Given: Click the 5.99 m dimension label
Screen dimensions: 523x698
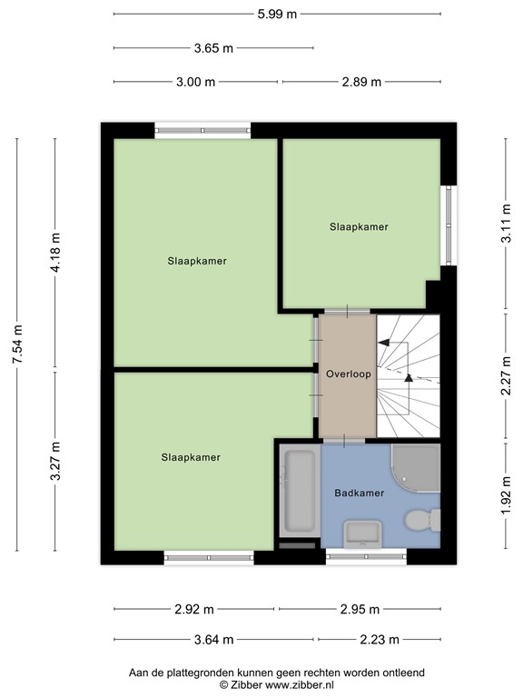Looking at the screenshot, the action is (x=277, y=14).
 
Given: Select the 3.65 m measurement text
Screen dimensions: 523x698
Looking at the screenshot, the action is (x=213, y=47).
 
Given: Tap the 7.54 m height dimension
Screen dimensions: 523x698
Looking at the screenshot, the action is (x=17, y=344).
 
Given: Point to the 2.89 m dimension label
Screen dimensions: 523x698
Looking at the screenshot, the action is (x=361, y=82).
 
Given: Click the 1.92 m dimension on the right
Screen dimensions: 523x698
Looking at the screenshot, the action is (x=506, y=495).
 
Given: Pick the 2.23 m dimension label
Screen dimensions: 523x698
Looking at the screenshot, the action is (x=380, y=640).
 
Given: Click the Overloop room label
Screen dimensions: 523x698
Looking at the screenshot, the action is (x=349, y=374).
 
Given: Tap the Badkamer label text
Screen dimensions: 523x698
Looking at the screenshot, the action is (x=360, y=493).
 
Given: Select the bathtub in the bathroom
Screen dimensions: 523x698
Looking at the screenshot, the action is (x=300, y=492).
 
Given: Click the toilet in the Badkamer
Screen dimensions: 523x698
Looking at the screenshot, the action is (x=422, y=520).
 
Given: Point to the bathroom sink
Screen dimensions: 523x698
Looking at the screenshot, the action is (x=363, y=533).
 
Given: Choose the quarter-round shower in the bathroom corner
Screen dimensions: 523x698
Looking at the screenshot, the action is (x=416, y=467).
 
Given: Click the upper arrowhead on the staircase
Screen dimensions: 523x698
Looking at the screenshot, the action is (x=383, y=343).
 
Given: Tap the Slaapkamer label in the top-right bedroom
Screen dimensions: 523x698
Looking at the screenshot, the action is (x=359, y=226).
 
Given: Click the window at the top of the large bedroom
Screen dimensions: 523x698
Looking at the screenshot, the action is (x=202, y=131).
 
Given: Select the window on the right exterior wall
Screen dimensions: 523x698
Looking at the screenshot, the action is (x=449, y=225).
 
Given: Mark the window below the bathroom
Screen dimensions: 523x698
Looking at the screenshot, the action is (x=366, y=556).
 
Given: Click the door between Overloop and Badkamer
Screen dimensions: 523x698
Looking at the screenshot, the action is (x=344, y=441).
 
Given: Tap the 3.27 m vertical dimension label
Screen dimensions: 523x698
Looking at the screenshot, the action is (x=55, y=461).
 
